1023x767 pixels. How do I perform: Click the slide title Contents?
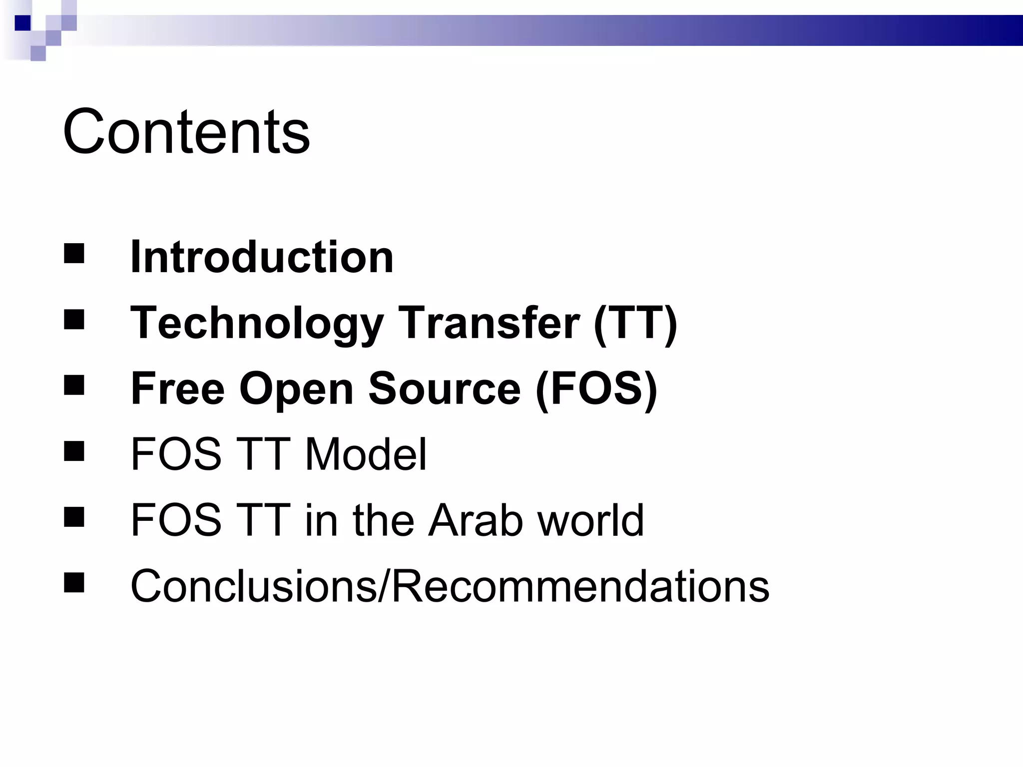coord(186,132)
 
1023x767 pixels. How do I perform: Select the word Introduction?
coord(262,257)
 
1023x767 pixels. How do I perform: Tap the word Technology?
coord(257,323)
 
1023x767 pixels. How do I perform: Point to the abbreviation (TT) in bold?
coord(635,323)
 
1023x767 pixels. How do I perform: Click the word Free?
coord(177,388)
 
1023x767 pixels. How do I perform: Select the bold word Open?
coord(296,388)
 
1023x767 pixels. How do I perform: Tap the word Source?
coord(444,388)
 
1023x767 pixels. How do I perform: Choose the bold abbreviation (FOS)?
coord(596,388)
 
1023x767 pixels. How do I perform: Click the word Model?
coord(366,454)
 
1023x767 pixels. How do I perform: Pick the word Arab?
coord(476,520)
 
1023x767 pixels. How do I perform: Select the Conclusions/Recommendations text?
coord(450,586)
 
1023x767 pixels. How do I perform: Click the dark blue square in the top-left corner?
coord(23,23)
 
